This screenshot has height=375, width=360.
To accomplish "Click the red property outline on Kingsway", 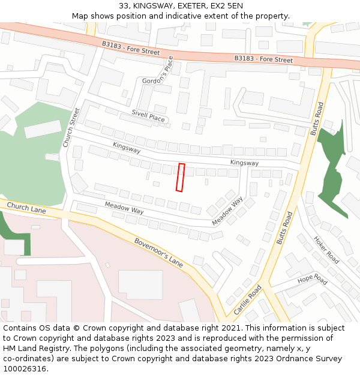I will [180, 178].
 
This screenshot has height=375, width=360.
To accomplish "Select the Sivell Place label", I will [148, 116].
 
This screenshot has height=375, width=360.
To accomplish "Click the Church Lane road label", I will [26, 208].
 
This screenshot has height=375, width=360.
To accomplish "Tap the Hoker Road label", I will [326, 250].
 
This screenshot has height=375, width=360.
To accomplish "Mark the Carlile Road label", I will [248, 299].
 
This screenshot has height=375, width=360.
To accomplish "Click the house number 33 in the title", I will [124, 5].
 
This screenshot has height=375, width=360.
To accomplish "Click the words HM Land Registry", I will [33, 349].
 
